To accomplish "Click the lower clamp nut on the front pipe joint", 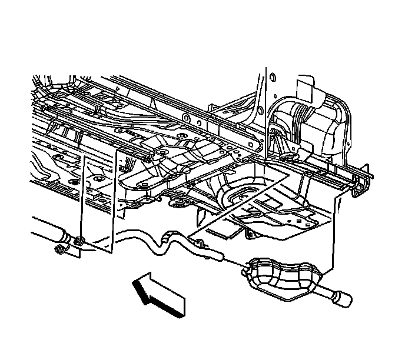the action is click(x=59, y=252).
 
